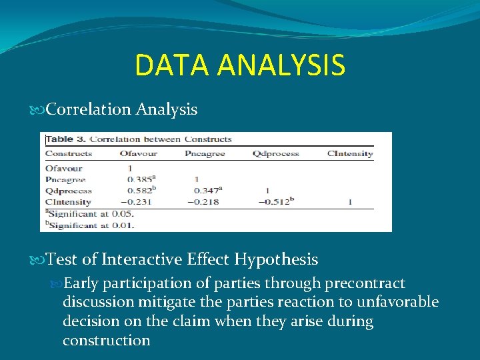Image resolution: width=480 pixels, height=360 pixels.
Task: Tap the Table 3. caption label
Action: [x=65, y=139]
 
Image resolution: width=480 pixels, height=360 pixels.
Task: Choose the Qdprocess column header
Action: [x=275, y=153]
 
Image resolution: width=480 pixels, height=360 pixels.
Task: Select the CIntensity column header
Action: [x=350, y=153]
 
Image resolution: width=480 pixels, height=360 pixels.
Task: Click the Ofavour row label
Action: [x=63, y=169]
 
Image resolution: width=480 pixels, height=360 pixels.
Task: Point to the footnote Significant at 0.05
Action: [x=89, y=213]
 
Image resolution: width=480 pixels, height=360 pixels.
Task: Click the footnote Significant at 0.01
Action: [x=89, y=225]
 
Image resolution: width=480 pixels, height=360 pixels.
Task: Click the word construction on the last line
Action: [x=106, y=340]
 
